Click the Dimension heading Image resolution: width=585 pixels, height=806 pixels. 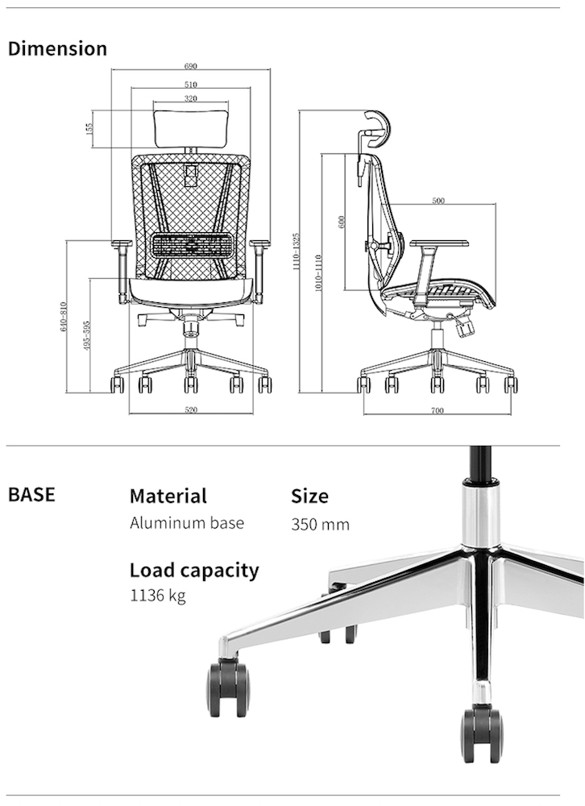pyautogui.click(x=57, y=48)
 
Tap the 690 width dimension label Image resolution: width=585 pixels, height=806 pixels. pyautogui.click(x=190, y=66)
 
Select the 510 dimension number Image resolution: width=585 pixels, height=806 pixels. pyautogui.click(x=190, y=84)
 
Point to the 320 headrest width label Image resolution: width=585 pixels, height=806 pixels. pyautogui.click(x=190, y=98)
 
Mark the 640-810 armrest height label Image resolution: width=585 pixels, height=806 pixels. pyautogui.click(x=64, y=318)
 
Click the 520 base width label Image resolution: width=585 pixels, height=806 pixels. pyautogui.click(x=191, y=410)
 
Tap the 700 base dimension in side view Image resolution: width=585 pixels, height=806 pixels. pyautogui.click(x=437, y=411)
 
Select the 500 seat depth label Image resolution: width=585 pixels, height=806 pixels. pyautogui.click(x=438, y=201)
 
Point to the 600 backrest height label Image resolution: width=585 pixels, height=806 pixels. pyautogui.click(x=342, y=222)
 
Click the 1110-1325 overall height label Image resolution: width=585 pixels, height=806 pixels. pyautogui.click(x=296, y=251)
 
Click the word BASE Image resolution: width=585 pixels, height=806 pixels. pyautogui.click(x=31, y=494)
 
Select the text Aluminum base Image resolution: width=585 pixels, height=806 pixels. pyautogui.click(x=187, y=523)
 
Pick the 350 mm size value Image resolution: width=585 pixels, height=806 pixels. pyautogui.click(x=320, y=525)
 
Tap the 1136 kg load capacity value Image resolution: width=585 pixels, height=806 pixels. pyautogui.click(x=158, y=597)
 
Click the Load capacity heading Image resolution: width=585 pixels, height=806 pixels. pyautogui.click(x=194, y=570)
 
